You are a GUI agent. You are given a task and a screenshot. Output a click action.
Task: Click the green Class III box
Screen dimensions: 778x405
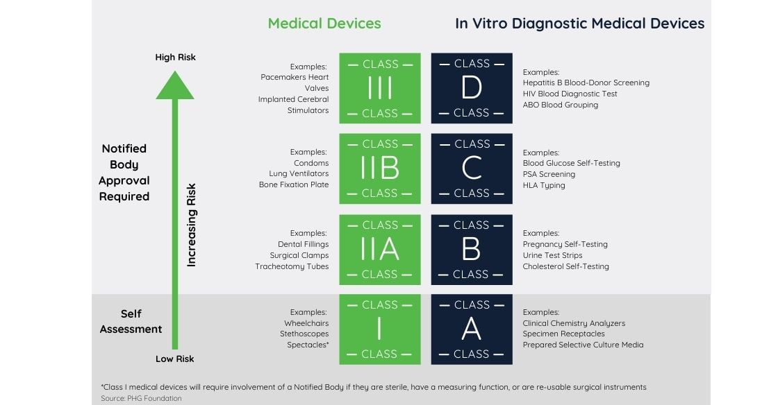coord(379,88)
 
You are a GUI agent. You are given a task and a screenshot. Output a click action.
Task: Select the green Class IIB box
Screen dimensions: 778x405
coord(379,169)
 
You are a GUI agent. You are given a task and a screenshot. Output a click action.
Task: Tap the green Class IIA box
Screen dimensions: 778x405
coord(379,250)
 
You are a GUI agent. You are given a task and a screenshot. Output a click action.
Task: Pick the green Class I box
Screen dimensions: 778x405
coord(379,329)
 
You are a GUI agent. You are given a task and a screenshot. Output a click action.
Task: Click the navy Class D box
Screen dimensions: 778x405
coord(472,88)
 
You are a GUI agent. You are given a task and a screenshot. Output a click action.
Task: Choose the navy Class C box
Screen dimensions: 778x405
coord(472,169)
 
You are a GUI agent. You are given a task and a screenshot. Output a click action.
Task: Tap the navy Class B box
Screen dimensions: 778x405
coord(472,250)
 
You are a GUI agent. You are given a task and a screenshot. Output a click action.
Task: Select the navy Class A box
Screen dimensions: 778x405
coord(472,329)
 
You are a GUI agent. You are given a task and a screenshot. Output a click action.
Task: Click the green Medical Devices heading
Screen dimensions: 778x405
coord(324,24)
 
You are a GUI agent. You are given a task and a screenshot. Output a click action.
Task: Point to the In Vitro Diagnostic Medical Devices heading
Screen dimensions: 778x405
coord(579,24)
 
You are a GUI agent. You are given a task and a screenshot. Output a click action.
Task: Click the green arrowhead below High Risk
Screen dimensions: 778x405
coord(175,85)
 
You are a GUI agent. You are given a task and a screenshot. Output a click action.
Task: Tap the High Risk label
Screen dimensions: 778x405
coord(175,57)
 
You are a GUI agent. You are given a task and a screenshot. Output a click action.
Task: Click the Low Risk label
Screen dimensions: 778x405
coord(174,359)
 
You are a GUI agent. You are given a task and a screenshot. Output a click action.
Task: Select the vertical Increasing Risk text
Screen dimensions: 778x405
coord(192,225)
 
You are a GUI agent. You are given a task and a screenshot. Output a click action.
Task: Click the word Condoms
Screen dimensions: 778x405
coord(311,163)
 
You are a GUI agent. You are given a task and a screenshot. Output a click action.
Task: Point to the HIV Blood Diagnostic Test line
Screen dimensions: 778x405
coord(570,94)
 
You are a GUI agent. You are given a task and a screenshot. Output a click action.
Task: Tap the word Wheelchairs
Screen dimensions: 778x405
coord(306,323)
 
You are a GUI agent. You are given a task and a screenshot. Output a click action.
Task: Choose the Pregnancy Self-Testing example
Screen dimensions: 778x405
coord(565,244)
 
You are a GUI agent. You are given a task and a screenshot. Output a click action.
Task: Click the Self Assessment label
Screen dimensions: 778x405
coord(131,321)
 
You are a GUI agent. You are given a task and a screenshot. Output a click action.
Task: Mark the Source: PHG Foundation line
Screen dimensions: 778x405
coord(141,398)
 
